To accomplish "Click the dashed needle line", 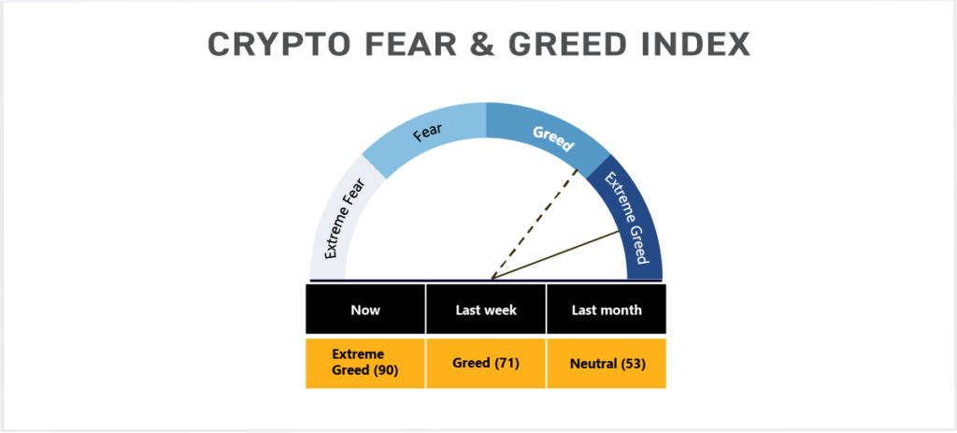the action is [535, 224].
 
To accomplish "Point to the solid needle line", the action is [555, 255].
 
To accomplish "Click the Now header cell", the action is [365, 310].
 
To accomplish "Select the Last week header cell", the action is [486, 310].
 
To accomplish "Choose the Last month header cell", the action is [607, 310].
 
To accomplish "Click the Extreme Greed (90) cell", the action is [365, 364].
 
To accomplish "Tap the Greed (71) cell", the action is [486, 364].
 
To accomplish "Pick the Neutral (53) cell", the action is [607, 364].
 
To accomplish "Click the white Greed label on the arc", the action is [553, 138].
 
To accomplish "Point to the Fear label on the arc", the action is [428, 132].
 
